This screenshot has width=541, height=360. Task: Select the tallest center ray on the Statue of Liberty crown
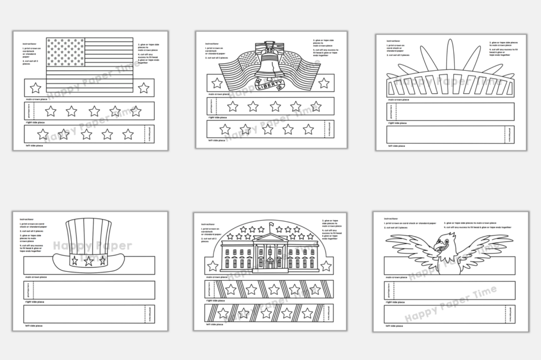click(450, 53)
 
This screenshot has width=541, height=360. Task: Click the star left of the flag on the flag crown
click(35, 87)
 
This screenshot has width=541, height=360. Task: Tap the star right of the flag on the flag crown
click(143, 88)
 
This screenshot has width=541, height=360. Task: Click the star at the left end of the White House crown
click(213, 266)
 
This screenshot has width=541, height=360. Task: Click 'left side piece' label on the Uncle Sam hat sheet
click(34, 326)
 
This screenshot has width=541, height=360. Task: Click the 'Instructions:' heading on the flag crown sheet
click(30, 44)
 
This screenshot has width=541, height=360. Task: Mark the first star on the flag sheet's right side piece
click(51, 111)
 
